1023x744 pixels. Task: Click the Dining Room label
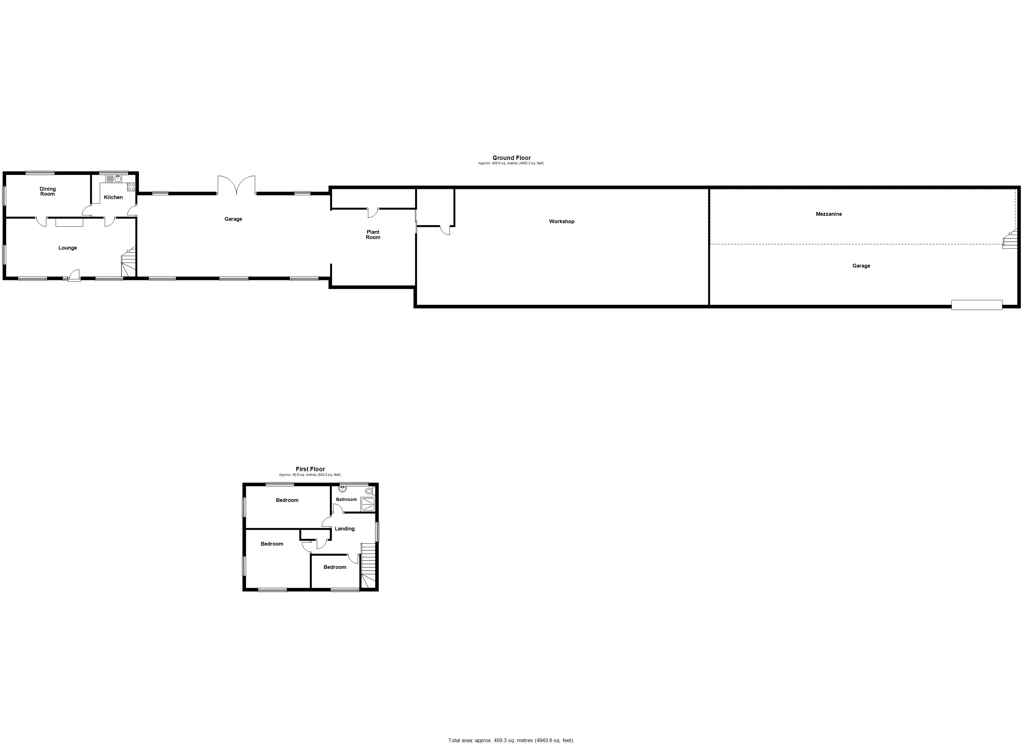point(47,191)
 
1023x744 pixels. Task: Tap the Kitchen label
point(113,197)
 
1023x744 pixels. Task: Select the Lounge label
point(68,248)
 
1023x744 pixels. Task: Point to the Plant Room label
point(373,235)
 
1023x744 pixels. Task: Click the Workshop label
point(562,222)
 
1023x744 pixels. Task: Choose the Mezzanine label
point(829,214)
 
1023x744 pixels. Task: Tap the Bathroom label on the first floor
point(346,499)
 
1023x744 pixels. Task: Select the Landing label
point(345,529)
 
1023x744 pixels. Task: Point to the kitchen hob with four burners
point(131,186)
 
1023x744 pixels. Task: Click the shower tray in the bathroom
point(368,504)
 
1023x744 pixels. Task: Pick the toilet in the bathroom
point(370,491)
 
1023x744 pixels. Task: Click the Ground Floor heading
point(511,158)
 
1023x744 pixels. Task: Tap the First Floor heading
point(310,469)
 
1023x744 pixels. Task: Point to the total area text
point(511,740)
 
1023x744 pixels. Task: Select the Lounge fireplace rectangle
point(69,223)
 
